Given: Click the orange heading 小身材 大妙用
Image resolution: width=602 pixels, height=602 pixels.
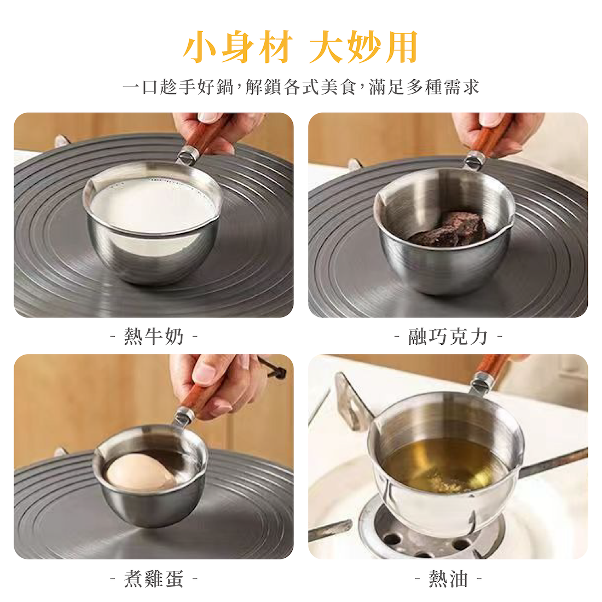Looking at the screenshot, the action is click(300, 47).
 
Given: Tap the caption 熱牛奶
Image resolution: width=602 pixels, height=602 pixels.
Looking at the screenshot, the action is click(154, 337).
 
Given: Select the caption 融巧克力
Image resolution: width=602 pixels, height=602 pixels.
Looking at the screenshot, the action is click(448, 337).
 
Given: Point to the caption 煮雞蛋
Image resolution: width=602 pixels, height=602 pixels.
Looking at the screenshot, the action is click(154, 578).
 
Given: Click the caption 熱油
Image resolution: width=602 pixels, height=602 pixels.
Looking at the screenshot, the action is click(448, 578).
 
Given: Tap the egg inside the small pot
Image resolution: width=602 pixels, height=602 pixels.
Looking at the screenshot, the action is click(141, 472).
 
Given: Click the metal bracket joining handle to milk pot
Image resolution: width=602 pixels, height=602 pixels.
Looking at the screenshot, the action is click(188, 155).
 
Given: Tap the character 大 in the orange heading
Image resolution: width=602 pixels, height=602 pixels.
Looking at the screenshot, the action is click(325, 47).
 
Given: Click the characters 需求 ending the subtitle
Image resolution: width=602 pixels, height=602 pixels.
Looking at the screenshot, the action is click(461, 87).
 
